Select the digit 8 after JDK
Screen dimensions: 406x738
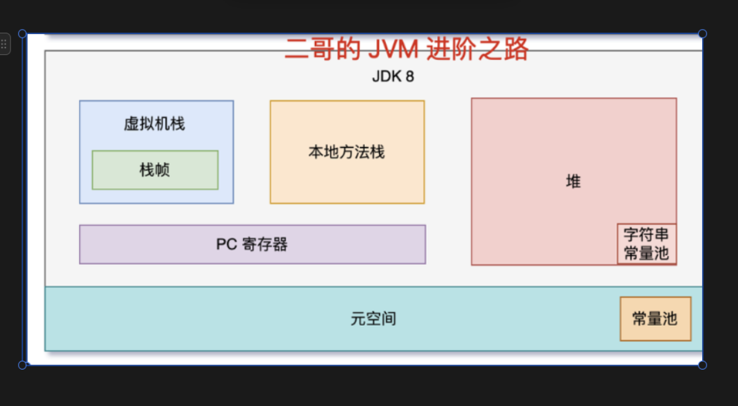[409, 77]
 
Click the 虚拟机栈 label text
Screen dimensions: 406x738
[154, 124]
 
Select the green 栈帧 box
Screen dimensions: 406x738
[155, 170]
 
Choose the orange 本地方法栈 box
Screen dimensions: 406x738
[347, 152]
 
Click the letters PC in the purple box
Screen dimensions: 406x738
[227, 244]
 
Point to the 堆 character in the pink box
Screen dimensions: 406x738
[573, 182]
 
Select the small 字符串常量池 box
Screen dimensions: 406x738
[647, 244]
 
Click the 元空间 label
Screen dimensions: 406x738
[373, 319]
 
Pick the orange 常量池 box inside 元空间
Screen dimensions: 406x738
[655, 319]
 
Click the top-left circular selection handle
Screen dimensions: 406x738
[23, 34]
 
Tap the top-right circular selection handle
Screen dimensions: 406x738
[702, 34]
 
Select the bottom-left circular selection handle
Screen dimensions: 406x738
[23, 365]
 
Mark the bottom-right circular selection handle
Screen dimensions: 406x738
[702, 365]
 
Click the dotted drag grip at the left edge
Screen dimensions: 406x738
[4, 44]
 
